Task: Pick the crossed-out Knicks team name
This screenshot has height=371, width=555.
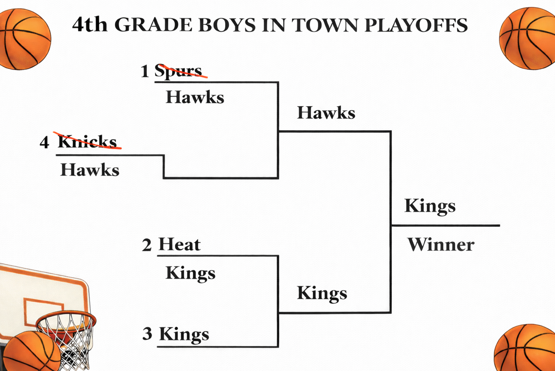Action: coord(87,142)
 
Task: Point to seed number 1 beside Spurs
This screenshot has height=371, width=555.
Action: coord(145,71)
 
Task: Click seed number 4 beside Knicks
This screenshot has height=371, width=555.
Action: coord(44,142)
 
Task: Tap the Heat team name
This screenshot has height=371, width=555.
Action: coord(179,245)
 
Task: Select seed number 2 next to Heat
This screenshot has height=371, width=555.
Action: coord(147,245)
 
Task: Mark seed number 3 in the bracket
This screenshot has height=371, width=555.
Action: coord(147,334)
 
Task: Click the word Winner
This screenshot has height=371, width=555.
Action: coord(441,245)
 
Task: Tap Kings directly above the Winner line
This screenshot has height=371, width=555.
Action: coord(430,206)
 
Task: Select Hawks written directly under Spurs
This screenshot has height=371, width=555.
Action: coord(195,98)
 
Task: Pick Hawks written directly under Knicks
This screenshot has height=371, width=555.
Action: coord(90,170)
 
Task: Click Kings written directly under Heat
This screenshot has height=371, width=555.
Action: coord(190,273)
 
